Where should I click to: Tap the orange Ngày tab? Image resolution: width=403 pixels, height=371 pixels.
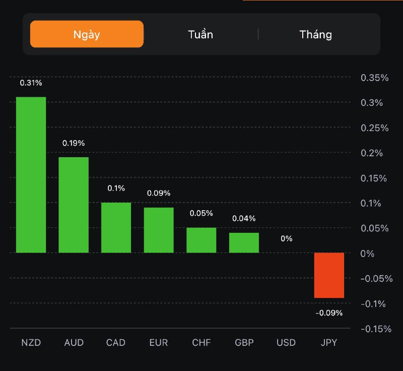[87, 34]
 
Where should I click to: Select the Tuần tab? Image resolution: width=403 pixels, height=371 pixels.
[200, 34]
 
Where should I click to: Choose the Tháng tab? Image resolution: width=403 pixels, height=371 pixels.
[316, 34]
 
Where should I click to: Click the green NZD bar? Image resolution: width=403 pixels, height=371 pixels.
[31, 174]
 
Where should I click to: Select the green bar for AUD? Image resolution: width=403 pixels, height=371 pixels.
[74, 205]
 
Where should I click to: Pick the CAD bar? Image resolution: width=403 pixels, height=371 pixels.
[116, 227]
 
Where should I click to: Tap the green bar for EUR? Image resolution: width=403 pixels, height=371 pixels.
[159, 230]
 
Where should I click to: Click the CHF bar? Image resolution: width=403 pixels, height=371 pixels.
[201, 240]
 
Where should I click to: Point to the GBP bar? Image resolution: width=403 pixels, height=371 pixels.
[244, 242]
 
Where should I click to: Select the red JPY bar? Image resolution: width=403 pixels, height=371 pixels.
[329, 275]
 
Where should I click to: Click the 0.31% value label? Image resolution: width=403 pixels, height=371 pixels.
[31, 83]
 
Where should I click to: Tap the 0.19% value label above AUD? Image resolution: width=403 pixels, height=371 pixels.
[74, 143]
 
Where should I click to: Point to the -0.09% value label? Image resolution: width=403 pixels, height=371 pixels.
[329, 313]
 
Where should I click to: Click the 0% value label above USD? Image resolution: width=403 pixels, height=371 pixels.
[287, 238]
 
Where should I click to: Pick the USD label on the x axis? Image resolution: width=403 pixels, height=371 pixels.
[286, 343]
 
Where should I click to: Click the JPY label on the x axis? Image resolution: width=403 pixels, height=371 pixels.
[329, 343]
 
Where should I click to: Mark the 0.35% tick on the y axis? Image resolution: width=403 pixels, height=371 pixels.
[375, 78]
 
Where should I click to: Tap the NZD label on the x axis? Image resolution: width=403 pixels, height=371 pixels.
[31, 343]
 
